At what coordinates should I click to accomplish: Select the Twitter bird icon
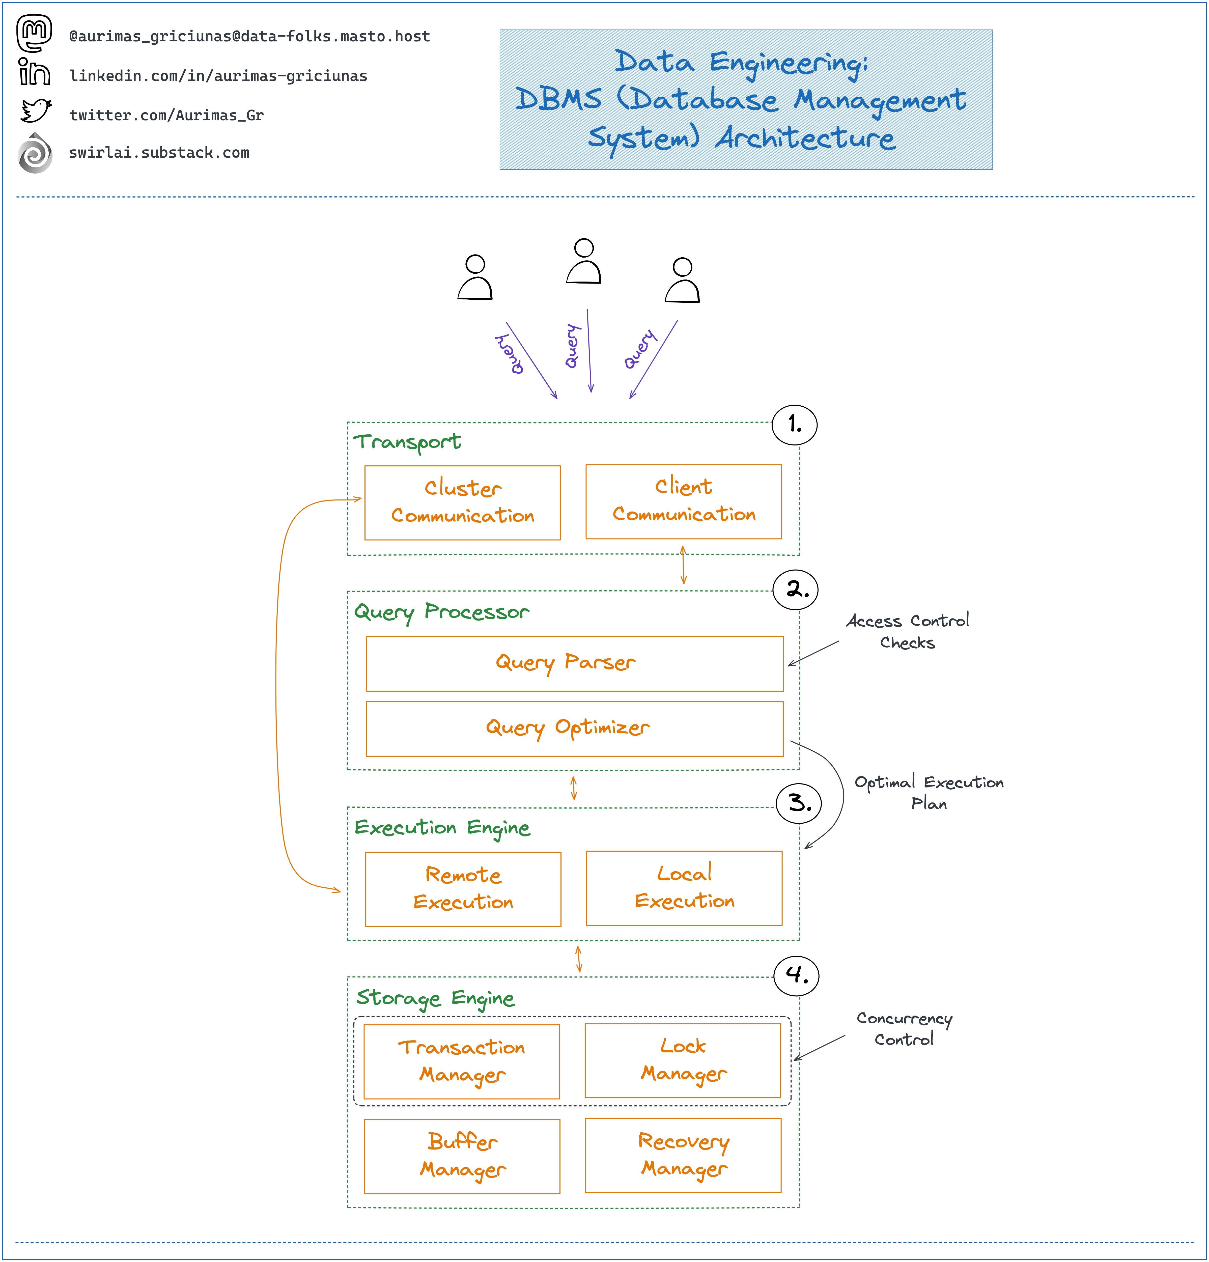pyautogui.click(x=35, y=111)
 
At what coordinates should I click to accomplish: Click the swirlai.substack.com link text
pyautogui.click(x=159, y=153)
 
